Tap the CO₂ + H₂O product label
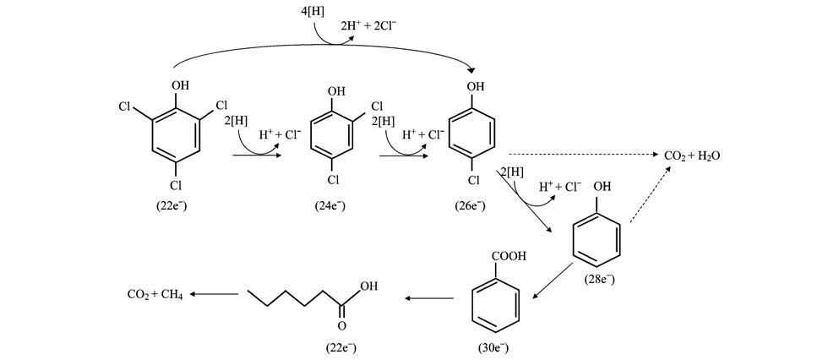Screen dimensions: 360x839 click(x=691, y=156)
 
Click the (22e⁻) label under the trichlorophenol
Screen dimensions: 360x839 click(x=172, y=205)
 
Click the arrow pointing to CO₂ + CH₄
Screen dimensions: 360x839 click(x=214, y=294)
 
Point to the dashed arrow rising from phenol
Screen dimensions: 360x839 click(x=651, y=196)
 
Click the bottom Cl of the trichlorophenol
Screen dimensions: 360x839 click(x=176, y=184)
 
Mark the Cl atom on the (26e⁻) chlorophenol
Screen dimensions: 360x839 click(x=474, y=180)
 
